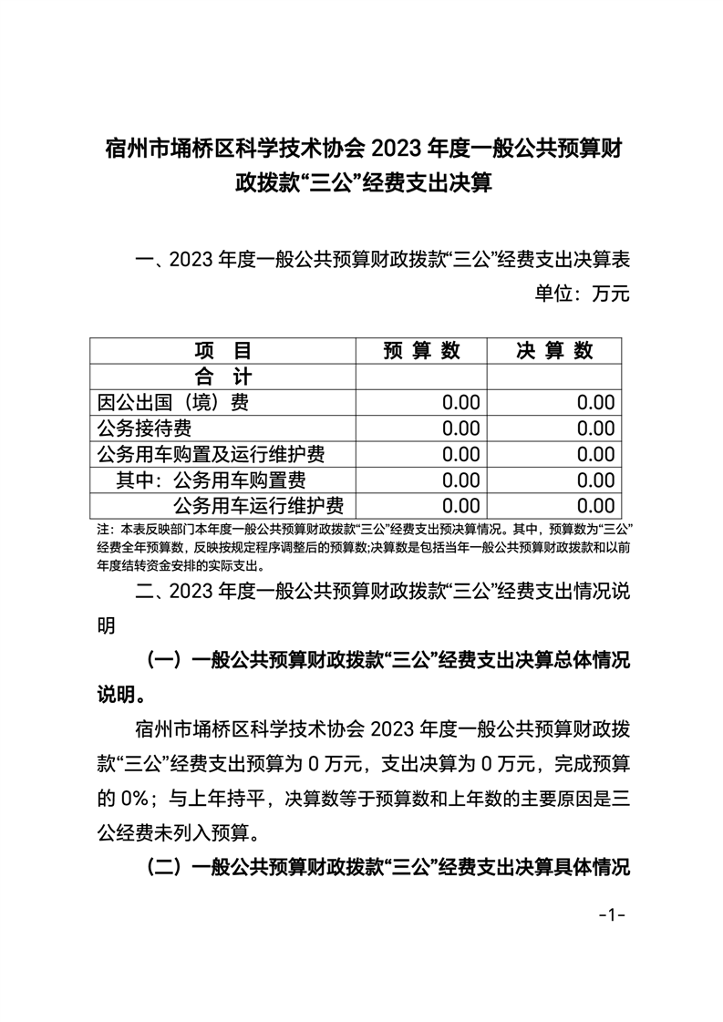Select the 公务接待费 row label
pyautogui.click(x=144, y=428)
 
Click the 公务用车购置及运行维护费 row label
pyautogui.click(x=211, y=453)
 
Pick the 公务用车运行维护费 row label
pyautogui.click(x=259, y=505)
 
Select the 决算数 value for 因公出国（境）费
pyautogui.click(x=596, y=402)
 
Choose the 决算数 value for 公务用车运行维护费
pyautogui.click(x=596, y=505)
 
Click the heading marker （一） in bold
pyautogui.click(x=165, y=660)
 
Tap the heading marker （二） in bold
pyautogui.click(x=165, y=866)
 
